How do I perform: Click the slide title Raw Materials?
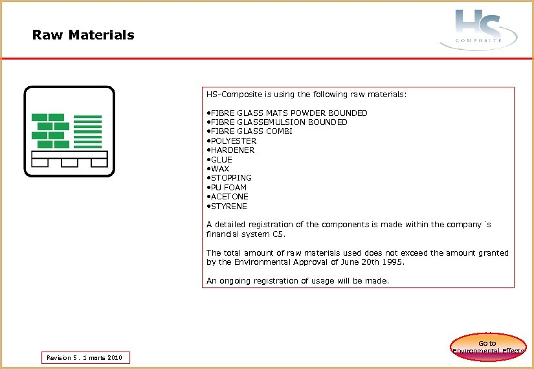coord(83,35)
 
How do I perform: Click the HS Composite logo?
coord(479,29)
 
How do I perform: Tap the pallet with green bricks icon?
coord(69,131)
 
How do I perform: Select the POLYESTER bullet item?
coord(232,140)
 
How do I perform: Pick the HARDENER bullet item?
coord(231,150)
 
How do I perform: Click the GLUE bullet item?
coord(219,159)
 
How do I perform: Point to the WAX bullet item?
coord(218,168)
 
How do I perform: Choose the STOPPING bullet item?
coord(230,178)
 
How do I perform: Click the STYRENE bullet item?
coord(227,206)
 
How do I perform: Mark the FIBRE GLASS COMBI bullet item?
coord(250,131)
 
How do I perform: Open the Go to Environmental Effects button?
coord(488,346)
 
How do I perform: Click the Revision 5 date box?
coord(85,357)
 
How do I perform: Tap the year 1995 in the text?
coord(393,262)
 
